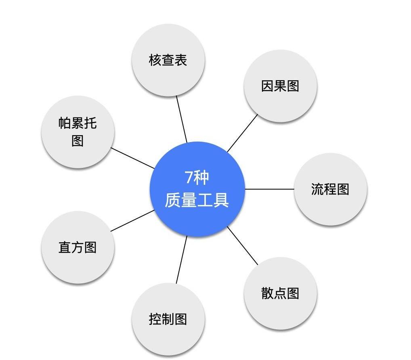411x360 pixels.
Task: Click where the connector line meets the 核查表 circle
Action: point(176,96)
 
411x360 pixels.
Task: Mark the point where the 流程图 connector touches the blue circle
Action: point(245,189)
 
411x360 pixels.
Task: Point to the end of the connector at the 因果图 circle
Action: point(258,115)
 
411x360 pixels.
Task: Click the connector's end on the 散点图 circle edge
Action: point(258,264)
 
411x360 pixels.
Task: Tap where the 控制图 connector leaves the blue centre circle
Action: point(187,236)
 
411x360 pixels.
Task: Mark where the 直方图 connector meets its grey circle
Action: point(111,231)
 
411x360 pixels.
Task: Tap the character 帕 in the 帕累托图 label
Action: point(65,123)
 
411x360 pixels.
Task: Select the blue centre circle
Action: point(197,189)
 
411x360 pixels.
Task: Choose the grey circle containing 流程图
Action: point(331,189)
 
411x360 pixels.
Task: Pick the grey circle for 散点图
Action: point(280,293)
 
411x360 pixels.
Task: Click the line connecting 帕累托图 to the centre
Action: point(133,158)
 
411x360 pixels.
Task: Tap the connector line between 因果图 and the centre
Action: point(243,133)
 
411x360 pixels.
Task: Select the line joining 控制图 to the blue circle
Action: point(182,260)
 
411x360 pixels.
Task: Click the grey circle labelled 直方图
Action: point(78,247)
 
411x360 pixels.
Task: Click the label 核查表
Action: point(168,60)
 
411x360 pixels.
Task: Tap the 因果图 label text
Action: point(280,86)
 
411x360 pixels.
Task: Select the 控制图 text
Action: point(168,319)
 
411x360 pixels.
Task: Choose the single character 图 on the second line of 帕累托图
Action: point(78,141)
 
